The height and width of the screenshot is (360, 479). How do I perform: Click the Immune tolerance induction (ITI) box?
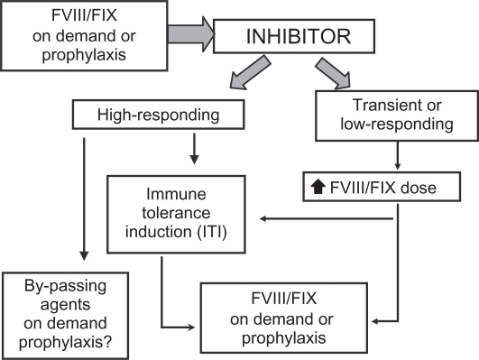pyautogui.click(x=177, y=216)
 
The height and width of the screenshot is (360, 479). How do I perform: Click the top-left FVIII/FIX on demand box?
pyautogui.click(x=65, y=36)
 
